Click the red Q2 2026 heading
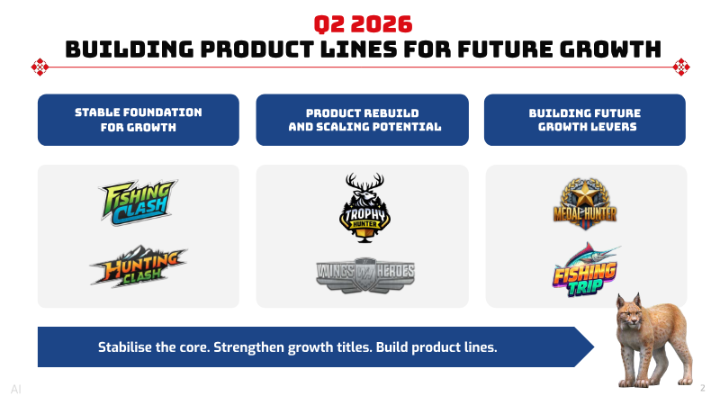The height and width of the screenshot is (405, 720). click(363, 24)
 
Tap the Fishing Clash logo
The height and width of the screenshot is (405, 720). click(139, 202)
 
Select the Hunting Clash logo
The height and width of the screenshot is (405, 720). click(139, 266)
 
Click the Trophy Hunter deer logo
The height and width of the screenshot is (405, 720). click(365, 208)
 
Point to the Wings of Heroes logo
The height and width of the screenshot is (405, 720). click(365, 274)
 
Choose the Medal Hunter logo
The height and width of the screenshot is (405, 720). click(585, 204)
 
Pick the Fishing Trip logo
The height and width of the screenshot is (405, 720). click(585, 270)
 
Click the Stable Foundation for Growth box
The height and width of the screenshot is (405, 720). click(139, 120)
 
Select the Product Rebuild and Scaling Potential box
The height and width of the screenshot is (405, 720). click(363, 120)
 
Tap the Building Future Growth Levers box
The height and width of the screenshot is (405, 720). click(584, 120)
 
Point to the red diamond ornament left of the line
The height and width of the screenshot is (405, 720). click(40, 67)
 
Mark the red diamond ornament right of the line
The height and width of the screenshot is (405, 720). click(681, 67)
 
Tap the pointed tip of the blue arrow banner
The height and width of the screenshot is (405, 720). click(594, 346)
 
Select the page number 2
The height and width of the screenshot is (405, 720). click(703, 388)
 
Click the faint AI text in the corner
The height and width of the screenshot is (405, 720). click(16, 390)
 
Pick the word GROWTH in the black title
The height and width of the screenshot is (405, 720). click(611, 49)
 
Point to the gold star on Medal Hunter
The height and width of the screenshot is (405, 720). click(584, 194)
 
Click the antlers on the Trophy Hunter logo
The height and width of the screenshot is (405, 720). click(365, 183)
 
